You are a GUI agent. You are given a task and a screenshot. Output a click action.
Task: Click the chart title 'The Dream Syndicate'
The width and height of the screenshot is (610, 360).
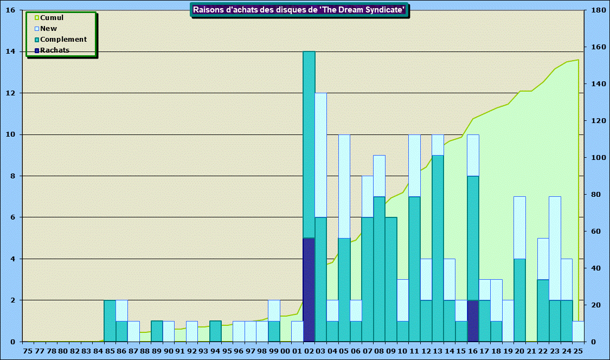coord(299,10)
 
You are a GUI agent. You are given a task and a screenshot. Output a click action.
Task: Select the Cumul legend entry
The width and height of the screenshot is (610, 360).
coord(52,18)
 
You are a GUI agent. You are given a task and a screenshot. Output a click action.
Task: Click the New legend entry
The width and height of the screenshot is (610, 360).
coord(48,29)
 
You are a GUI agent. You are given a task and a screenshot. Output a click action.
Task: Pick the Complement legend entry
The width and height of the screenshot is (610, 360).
coord(63,40)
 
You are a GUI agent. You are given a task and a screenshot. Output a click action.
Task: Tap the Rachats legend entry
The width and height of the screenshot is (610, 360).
coord(55,50)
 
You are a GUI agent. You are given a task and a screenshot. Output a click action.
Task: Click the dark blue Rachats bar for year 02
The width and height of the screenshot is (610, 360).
coord(309,290)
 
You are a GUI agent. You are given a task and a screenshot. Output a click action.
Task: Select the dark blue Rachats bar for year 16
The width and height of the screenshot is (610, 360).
coord(473,320)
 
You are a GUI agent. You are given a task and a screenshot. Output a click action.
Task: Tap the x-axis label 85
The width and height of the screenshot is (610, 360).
coord(110,351)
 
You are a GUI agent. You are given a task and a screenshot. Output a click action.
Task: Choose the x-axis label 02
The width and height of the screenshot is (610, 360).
coord(309,351)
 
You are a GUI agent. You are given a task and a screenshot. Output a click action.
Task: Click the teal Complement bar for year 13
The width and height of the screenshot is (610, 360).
coord(438,248)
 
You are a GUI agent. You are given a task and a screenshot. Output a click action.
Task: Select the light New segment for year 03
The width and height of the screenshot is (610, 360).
coord(320,155)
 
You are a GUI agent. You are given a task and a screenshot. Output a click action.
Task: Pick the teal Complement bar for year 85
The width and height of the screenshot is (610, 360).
coord(110,320)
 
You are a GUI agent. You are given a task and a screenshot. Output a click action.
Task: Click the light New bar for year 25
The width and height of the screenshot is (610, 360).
coord(578,331)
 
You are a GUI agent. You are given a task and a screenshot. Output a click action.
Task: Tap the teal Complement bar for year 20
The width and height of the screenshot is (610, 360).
coord(519,300)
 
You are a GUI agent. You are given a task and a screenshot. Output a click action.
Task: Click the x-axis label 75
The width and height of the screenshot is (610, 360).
coord(28,351)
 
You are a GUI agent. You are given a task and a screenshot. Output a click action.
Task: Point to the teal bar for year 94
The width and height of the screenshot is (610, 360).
coord(215,331)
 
